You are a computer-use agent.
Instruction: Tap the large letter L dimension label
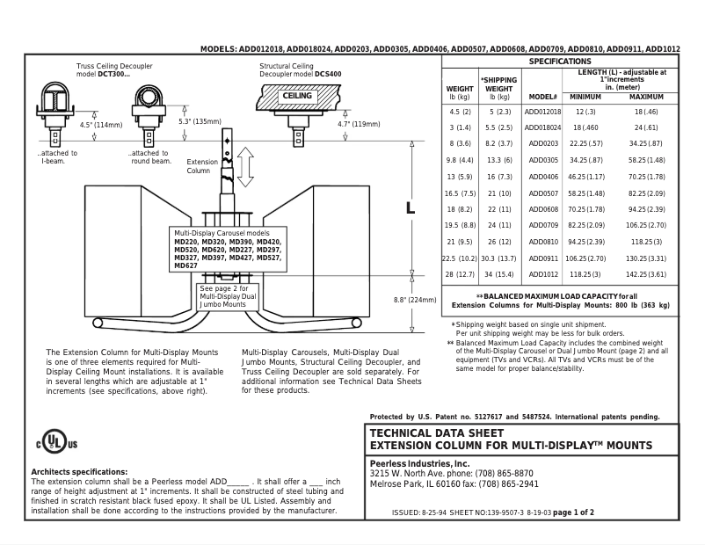coord(410,209)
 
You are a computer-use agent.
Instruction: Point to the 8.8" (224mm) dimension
coord(417,300)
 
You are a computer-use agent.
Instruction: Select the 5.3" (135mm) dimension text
coord(200,121)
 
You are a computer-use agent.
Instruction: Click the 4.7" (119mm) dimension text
coord(359,125)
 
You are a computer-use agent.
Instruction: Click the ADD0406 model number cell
coord(542,177)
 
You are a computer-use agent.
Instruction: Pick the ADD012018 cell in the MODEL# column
coord(542,112)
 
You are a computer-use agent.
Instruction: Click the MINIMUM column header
coord(585,96)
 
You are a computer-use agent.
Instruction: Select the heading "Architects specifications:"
coord(79,472)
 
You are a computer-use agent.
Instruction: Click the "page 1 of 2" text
coord(571,512)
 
